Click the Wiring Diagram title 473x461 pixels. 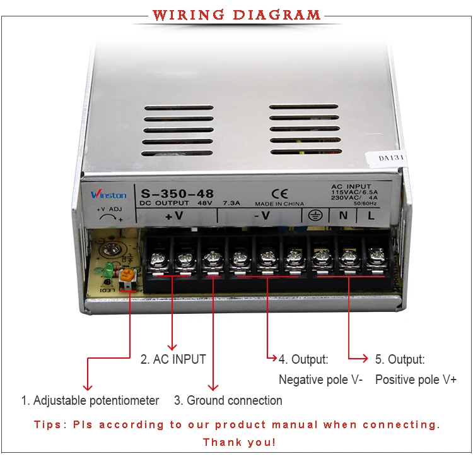tap(237, 15)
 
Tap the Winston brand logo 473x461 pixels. tap(108, 195)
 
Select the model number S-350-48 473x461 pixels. tap(177, 194)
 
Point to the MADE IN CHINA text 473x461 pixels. tap(279, 204)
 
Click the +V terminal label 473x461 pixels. tap(173, 216)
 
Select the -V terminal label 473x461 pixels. tap(262, 216)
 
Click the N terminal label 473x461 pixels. tap(344, 216)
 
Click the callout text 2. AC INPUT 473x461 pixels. tap(173, 359)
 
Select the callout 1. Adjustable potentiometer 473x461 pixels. tap(90, 400)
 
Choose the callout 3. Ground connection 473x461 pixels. tap(228, 400)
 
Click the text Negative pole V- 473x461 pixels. tap(320, 380)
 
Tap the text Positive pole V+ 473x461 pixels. tap(416, 380)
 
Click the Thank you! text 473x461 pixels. tap(239, 442)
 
